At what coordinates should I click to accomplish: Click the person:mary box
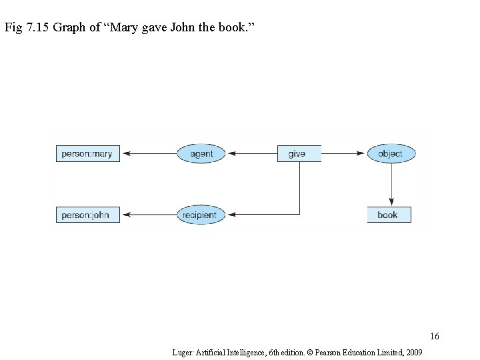pos(87,154)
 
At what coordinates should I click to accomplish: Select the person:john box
pos(87,215)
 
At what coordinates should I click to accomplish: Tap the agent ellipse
pos(201,154)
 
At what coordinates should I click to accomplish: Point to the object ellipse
pos(391,154)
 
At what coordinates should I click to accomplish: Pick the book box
pos(389,215)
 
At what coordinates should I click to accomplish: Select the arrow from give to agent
pos(252,154)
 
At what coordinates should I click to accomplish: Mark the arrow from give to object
pos(344,154)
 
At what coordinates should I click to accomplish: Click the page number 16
pos(435,335)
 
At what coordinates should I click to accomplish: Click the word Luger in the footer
pos(182,351)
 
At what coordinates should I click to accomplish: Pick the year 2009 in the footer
pos(413,351)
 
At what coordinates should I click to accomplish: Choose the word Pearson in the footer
pos(325,351)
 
